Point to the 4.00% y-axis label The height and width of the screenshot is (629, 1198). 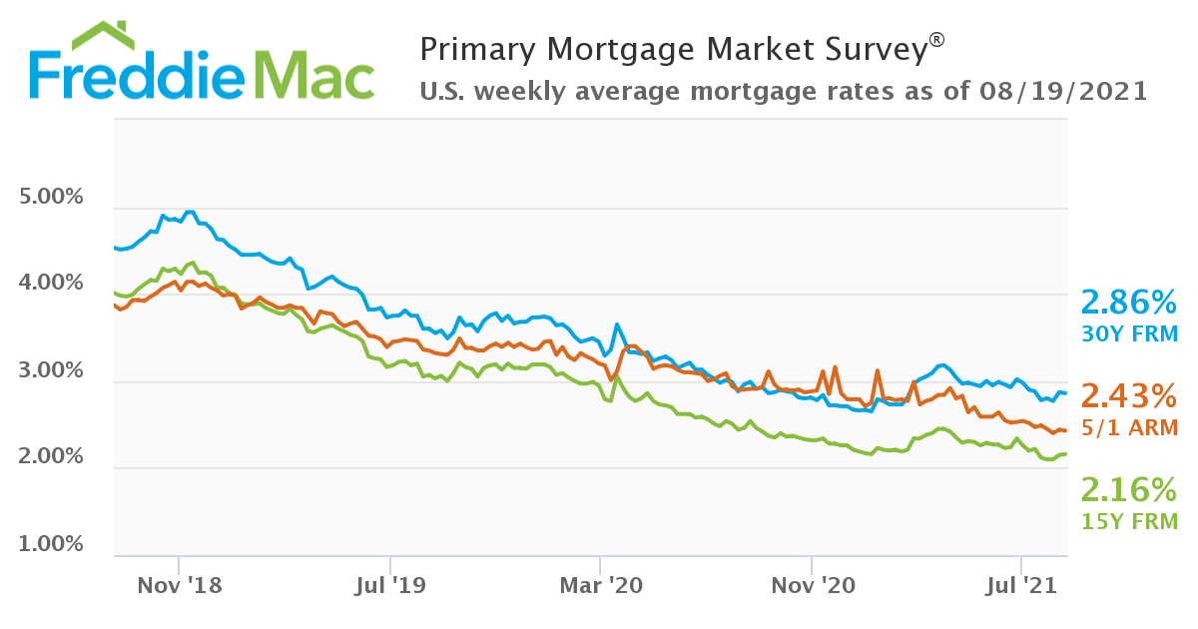click(x=52, y=284)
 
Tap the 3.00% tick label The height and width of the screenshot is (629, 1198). click(x=52, y=370)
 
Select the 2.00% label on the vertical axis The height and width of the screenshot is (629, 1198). click(x=52, y=457)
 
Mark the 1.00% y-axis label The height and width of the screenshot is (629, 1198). click(x=52, y=544)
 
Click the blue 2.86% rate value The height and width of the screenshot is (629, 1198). click(x=1129, y=302)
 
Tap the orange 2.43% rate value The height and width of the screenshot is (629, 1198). click(x=1129, y=396)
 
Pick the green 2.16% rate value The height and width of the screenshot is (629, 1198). click(x=1129, y=489)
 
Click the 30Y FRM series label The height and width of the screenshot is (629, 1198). click(x=1129, y=333)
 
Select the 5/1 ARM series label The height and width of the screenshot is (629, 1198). click(x=1129, y=427)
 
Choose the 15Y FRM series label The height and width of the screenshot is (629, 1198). click(x=1129, y=520)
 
